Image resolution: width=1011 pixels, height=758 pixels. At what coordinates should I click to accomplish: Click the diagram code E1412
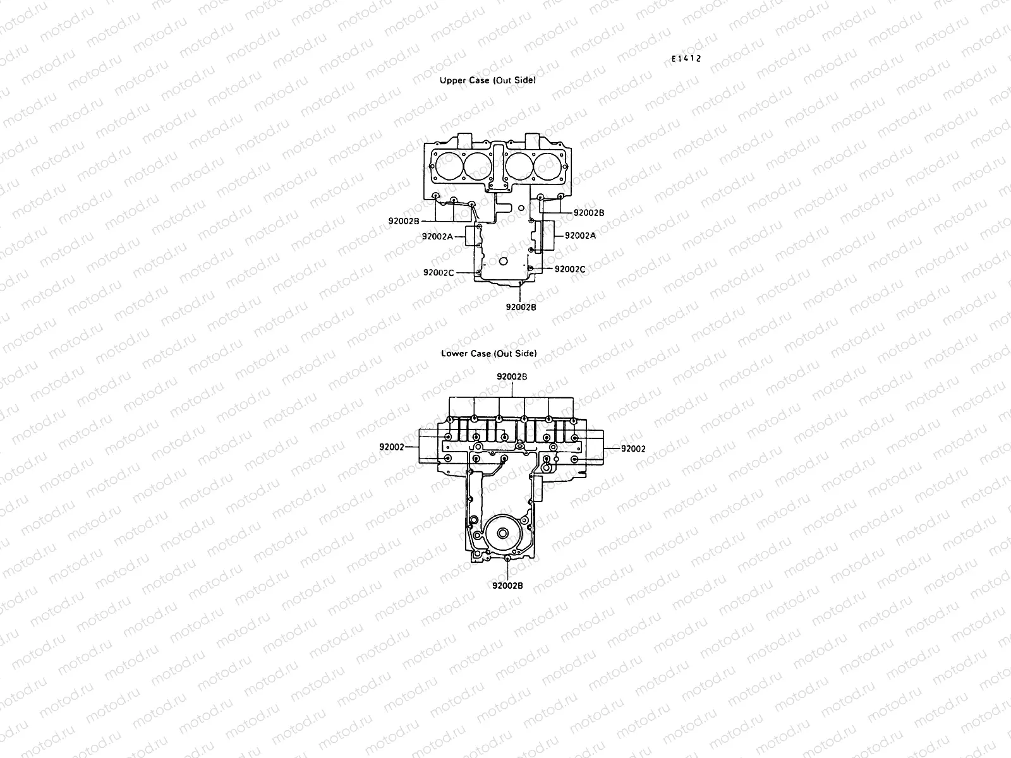[686, 59]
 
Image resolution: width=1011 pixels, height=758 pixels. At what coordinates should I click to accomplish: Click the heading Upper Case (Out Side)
[487, 81]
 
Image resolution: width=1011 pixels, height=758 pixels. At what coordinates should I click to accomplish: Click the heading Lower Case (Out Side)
[488, 353]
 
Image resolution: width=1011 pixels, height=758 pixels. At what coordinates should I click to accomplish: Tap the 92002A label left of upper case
[438, 236]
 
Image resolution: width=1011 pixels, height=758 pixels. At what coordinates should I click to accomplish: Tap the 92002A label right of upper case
[580, 235]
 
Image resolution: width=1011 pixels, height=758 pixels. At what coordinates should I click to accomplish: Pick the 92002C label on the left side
[439, 272]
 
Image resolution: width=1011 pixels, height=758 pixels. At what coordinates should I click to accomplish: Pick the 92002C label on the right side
[570, 269]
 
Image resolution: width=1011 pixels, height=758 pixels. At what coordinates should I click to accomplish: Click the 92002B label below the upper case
[521, 307]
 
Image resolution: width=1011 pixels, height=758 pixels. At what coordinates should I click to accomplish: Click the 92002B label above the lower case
[512, 376]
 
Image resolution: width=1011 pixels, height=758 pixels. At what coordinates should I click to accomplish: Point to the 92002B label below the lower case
[507, 585]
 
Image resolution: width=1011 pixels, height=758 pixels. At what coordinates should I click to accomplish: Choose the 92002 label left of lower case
[392, 447]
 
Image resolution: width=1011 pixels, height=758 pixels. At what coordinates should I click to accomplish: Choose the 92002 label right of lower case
[633, 448]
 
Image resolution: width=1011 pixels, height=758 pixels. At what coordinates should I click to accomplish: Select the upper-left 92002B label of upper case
[404, 221]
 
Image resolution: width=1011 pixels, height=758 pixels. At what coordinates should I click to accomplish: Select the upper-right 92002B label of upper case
[589, 213]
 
